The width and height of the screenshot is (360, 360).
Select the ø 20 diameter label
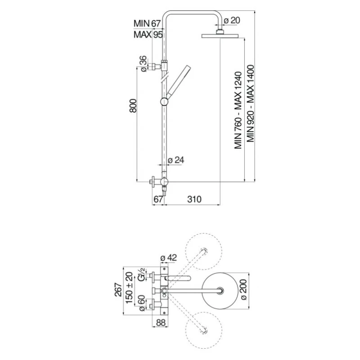tap(231, 20)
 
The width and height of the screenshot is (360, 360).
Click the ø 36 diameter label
tap(143, 64)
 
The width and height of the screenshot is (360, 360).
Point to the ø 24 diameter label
tap(176, 160)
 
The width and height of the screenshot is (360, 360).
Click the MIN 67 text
tap(147, 23)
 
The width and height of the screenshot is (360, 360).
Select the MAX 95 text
tap(148, 35)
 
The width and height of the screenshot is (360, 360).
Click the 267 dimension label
tap(118, 293)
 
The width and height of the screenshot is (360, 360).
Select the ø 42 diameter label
tap(169, 258)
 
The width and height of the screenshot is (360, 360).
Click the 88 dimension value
tap(162, 322)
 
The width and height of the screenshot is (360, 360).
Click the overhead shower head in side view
tap(220, 36)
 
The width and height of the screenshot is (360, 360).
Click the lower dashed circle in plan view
tap(205, 331)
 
